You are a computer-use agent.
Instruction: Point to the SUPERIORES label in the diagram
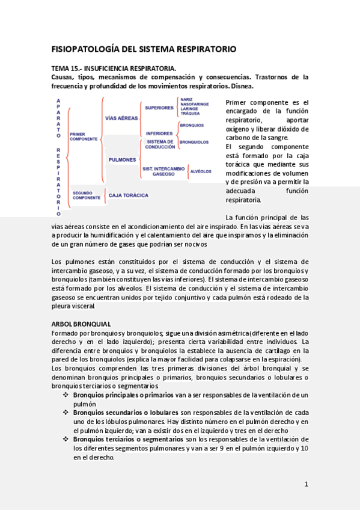click(x=159, y=108)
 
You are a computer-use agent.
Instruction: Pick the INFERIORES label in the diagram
click(x=159, y=133)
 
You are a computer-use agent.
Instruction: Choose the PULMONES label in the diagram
click(x=122, y=160)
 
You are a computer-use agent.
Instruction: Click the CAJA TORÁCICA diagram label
click(x=128, y=195)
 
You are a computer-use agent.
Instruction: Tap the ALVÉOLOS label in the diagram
click(x=200, y=171)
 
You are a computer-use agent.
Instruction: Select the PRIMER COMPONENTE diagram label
click(x=84, y=137)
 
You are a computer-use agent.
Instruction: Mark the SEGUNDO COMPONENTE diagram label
click(x=86, y=195)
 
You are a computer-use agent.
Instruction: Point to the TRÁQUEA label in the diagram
click(x=189, y=113)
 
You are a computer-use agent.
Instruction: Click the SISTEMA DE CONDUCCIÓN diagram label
click(x=160, y=144)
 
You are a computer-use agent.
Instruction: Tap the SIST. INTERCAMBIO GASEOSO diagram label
click(x=163, y=171)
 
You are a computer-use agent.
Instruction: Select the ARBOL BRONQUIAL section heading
click(x=81, y=324)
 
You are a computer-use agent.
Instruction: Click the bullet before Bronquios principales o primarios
click(x=66, y=395)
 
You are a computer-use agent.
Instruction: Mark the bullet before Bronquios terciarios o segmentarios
click(x=66, y=440)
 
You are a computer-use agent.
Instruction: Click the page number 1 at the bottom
click(x=306, y=484)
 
